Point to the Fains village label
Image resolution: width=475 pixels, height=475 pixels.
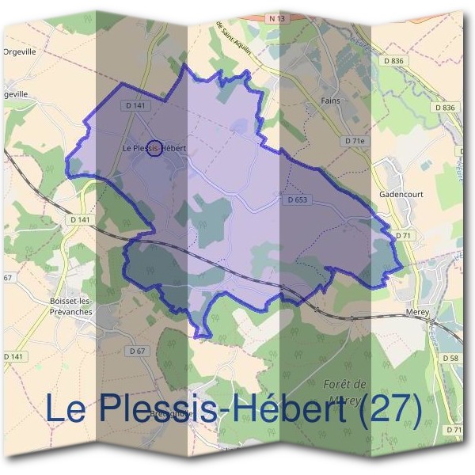(330, 101)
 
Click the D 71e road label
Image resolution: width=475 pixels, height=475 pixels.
(357, 140)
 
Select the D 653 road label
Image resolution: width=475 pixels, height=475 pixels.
(294, 201)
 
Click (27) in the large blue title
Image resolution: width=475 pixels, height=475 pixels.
(389, 409)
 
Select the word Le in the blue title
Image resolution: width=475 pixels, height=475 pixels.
(66, 409)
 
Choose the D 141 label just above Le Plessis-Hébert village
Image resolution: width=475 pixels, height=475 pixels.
(136, 105)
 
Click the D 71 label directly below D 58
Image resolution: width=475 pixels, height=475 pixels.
(454, 429)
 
